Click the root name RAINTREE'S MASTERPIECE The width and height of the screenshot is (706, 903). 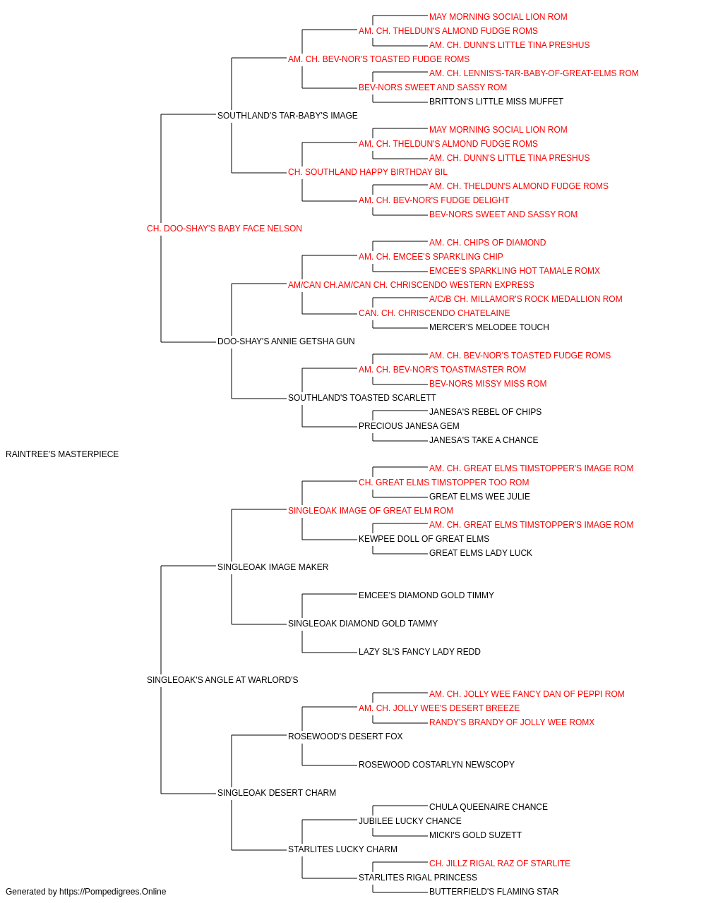click(x=62, y=454)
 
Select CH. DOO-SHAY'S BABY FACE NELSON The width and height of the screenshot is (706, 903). click(x=224, y=229)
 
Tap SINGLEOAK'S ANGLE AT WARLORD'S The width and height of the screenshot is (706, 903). click(x=222, y=680)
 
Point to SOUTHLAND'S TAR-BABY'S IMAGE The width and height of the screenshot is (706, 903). click(x=287, y=116)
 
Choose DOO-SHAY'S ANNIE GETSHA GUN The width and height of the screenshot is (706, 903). click(x=286, y=341)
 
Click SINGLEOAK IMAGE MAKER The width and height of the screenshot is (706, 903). click(x=273, y=566)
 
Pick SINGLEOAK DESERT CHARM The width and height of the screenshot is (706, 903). click(x=277, y=792)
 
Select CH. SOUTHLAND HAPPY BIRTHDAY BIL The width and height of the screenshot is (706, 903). click(x=368, y=172)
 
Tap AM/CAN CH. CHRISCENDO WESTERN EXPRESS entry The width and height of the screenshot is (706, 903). click(x=411, y=284)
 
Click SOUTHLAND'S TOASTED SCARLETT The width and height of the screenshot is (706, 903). click(x=361, y=398)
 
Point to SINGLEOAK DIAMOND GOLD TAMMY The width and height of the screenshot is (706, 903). click(x=363, y=624)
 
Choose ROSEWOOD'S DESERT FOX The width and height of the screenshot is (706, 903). click(x=345, y=736)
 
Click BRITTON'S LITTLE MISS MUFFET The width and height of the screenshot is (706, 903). click(x=496, y=102)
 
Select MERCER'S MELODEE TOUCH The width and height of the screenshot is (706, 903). click(x=489, y=327)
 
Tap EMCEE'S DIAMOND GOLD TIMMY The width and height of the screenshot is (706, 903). click(x=426, y=595)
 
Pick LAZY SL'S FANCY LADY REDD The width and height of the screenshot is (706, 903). click(x=419, y=652)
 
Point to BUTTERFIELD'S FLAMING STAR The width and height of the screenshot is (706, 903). click(x=493, y=892)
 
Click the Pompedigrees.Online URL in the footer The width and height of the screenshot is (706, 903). click(x=112, y=892)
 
